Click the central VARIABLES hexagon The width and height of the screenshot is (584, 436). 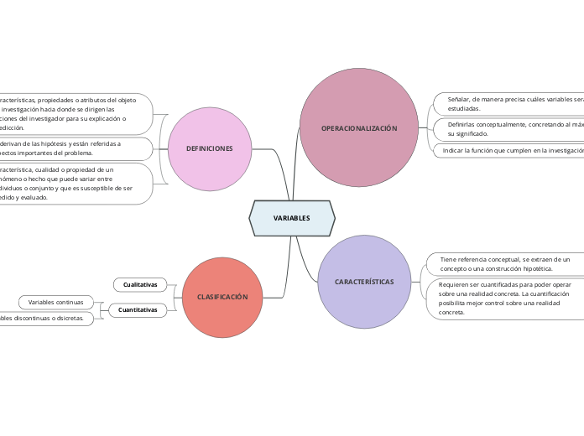pos(292,218)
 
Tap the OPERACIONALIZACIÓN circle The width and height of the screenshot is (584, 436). pos(359,127)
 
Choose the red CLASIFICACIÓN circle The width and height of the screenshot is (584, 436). pos(222,298)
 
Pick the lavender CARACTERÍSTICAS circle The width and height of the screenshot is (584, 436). pos(363,282)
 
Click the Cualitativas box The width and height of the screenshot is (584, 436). pos(140,285)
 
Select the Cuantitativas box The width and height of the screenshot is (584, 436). pos(138,310)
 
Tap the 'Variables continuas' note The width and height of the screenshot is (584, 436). pos(56,302)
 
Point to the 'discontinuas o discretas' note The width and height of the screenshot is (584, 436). pos(46,319)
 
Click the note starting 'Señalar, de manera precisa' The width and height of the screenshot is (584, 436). pos(512,103)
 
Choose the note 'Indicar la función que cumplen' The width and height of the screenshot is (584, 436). pos(512,151)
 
